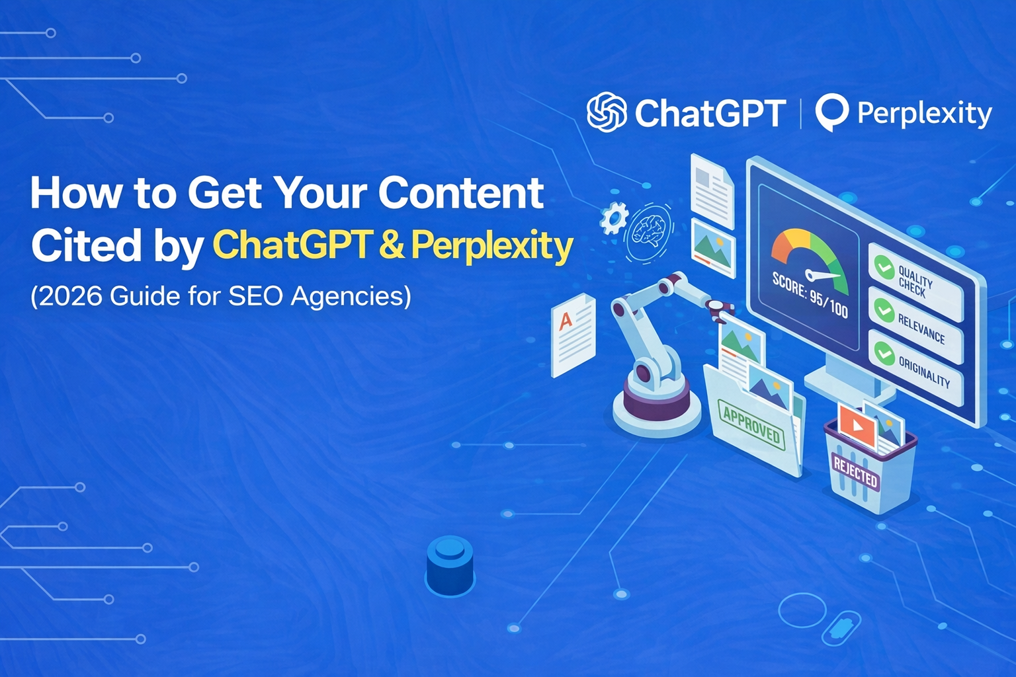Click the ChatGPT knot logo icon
(607, 112)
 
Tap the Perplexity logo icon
(831, 112)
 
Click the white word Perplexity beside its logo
(924, 113)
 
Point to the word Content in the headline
(461, 192)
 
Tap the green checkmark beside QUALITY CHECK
(884, 266)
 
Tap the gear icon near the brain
(614, 218)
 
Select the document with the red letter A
(573, 335)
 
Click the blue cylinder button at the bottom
(450, 565)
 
